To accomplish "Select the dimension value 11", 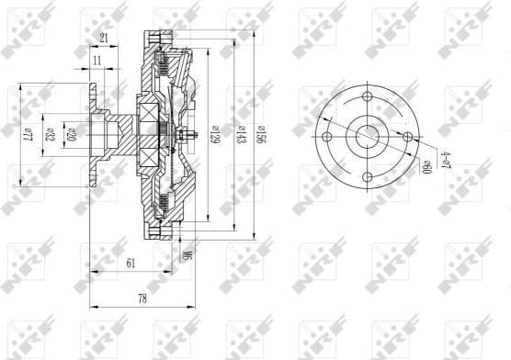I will pos(97,62).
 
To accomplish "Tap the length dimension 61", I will pos(130,264).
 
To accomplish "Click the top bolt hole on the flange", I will pos(366,96).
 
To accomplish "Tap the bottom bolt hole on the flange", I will pos(366,176).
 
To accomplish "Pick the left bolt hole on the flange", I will pos(326,137).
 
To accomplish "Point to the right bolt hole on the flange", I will pos(405,137).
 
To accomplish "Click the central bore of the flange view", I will pos(366,137).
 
